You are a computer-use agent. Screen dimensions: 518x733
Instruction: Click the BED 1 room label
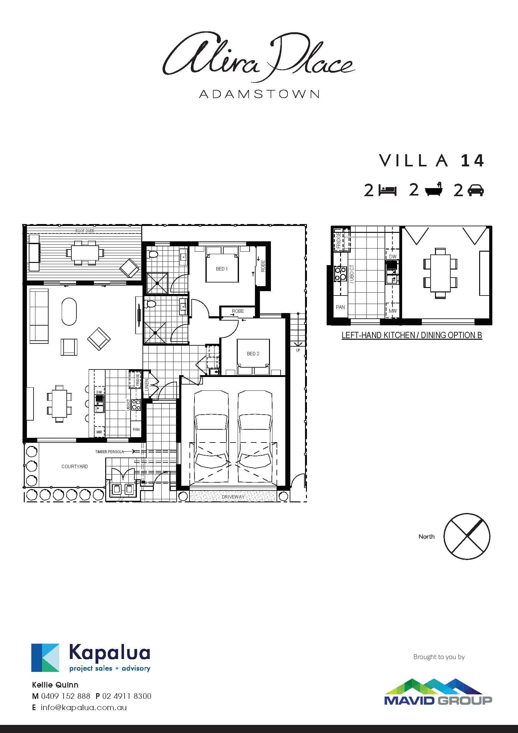click(222, 269)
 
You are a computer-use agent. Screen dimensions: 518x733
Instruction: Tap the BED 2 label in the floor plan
click(253, 354)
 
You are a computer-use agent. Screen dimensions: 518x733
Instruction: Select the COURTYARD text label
click(75, 466)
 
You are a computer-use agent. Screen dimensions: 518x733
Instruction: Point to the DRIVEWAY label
click(233, 497)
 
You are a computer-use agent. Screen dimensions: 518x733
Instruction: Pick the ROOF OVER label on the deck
click(85, 231)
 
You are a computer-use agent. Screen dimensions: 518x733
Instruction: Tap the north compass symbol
click(467, 536)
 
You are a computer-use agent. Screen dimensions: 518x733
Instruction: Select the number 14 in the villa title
click(473, 160)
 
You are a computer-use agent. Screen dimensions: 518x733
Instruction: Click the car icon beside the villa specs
click(476, 191)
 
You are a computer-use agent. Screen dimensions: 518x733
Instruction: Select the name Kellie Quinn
click(55, 685)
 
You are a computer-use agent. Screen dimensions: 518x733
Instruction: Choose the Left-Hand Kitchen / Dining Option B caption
click(412, 335)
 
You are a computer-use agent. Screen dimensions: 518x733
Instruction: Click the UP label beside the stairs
click(298, 350)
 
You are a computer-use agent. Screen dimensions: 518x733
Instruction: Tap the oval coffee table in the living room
click(69, 312)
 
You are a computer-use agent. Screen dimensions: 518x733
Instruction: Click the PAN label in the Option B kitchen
click(340, 307)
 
